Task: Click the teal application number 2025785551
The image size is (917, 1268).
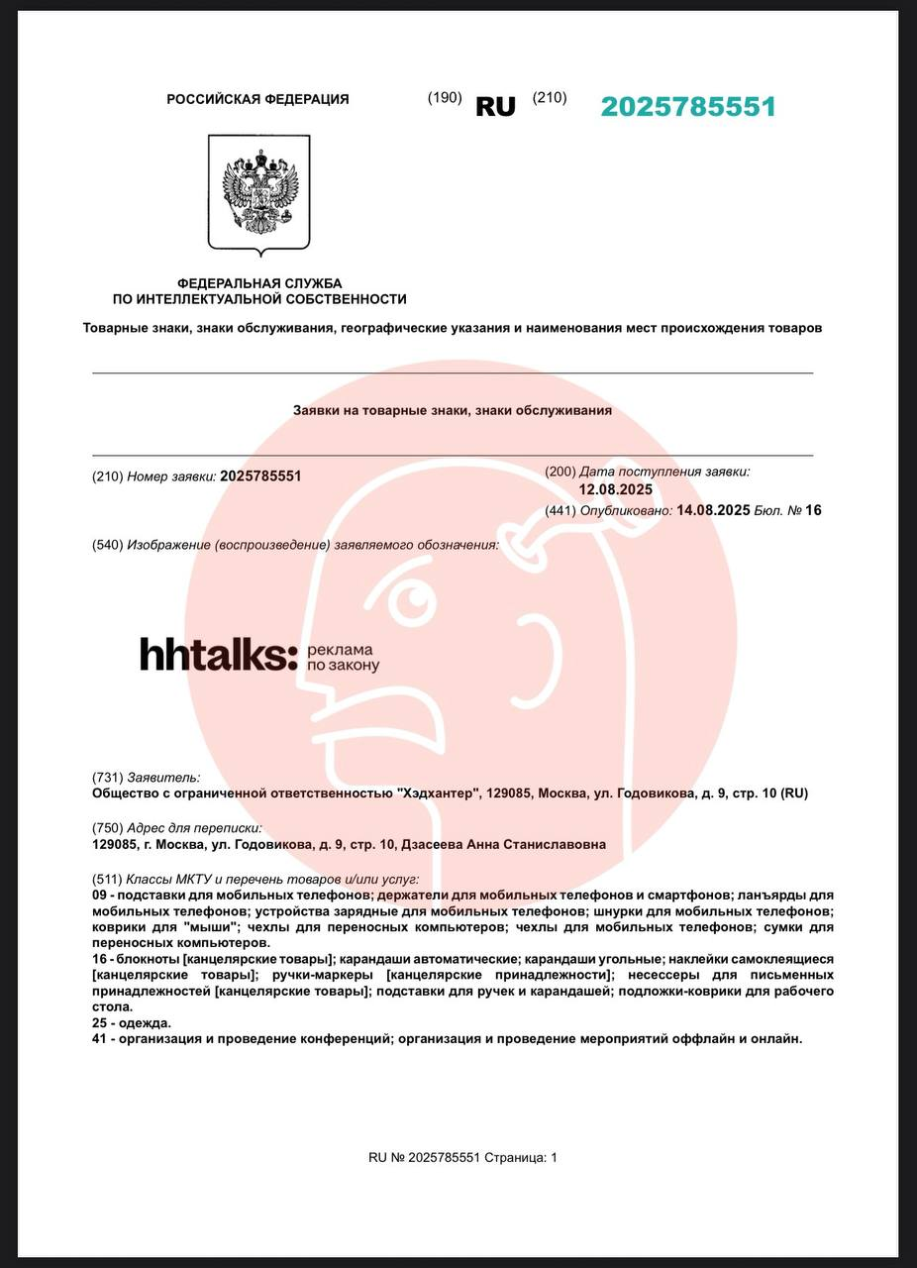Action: (687, 107)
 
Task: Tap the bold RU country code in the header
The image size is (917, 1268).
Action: (495, 107)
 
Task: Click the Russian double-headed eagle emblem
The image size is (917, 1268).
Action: (258, 194)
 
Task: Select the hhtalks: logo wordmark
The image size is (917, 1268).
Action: (218, 655)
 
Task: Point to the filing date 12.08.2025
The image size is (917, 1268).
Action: (615, 489)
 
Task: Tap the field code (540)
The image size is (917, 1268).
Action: (107, 545)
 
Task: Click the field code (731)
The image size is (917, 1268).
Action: (107, 778)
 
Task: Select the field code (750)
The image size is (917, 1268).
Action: (107, 828)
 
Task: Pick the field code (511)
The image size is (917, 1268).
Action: (107, 879)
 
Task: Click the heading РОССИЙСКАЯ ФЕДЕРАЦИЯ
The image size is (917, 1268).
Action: (257, 99)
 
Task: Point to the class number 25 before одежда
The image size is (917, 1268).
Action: (99, 1022)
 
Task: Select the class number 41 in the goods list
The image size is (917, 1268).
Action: (99, 1038)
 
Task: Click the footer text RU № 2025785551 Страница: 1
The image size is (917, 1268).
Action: (462, 1157)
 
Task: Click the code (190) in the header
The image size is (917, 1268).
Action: (445, 97)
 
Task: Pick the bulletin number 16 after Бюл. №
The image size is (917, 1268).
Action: (813, 510)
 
